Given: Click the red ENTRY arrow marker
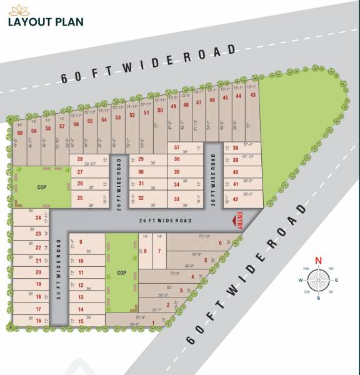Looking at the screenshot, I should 240,220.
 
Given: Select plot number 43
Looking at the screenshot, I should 252,95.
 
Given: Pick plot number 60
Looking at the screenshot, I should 20,132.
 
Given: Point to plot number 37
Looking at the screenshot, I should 177,147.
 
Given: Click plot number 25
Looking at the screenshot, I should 80,198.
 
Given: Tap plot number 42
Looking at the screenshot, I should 236,199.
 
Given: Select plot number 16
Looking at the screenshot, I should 38,321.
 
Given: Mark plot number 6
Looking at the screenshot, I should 220,243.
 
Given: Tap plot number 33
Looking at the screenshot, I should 177,199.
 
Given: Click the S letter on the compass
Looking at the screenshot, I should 317,297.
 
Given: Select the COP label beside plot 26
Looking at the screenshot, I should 42,187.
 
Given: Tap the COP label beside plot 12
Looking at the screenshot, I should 122,272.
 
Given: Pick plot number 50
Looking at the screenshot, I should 160,111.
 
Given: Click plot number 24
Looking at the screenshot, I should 38,217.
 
